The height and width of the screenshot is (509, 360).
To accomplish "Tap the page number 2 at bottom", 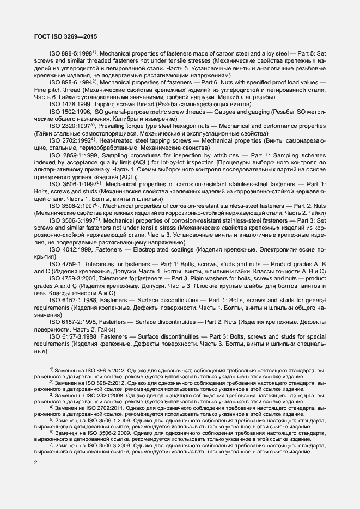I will click(35, 463).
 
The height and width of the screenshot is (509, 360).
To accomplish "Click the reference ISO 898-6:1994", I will click(71, 82).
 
